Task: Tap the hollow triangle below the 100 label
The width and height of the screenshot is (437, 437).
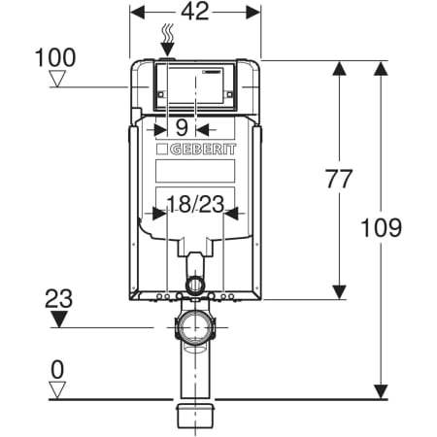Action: click(61, 80)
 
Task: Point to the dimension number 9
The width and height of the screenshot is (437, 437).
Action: click(181, 126)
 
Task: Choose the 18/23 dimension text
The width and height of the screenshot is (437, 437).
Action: click(194, 204)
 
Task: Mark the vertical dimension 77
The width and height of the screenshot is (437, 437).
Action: click(338, 179)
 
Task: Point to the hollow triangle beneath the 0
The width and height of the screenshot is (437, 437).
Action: click(61, 389)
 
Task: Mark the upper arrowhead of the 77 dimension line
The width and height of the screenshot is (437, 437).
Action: click(338, 68)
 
